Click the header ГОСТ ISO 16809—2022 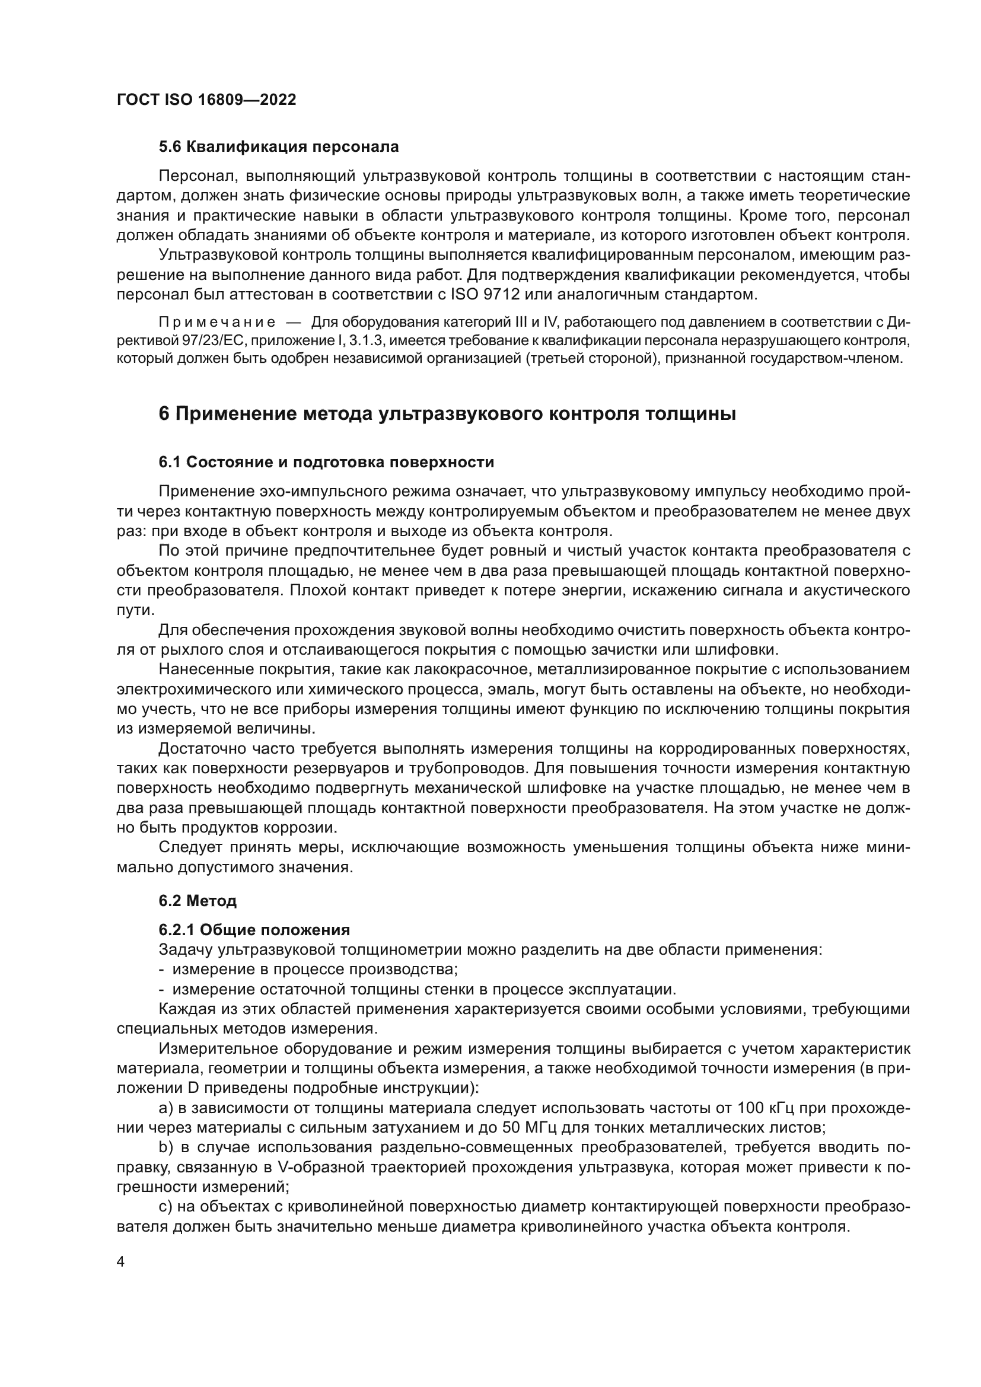tap(206, 100)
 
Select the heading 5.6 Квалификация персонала tap(279, 147)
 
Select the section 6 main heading tap(447, 414)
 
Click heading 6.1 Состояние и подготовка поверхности tap(326, 462)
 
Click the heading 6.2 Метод tap(198, 901)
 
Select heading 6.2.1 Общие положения tap(254, 930)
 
